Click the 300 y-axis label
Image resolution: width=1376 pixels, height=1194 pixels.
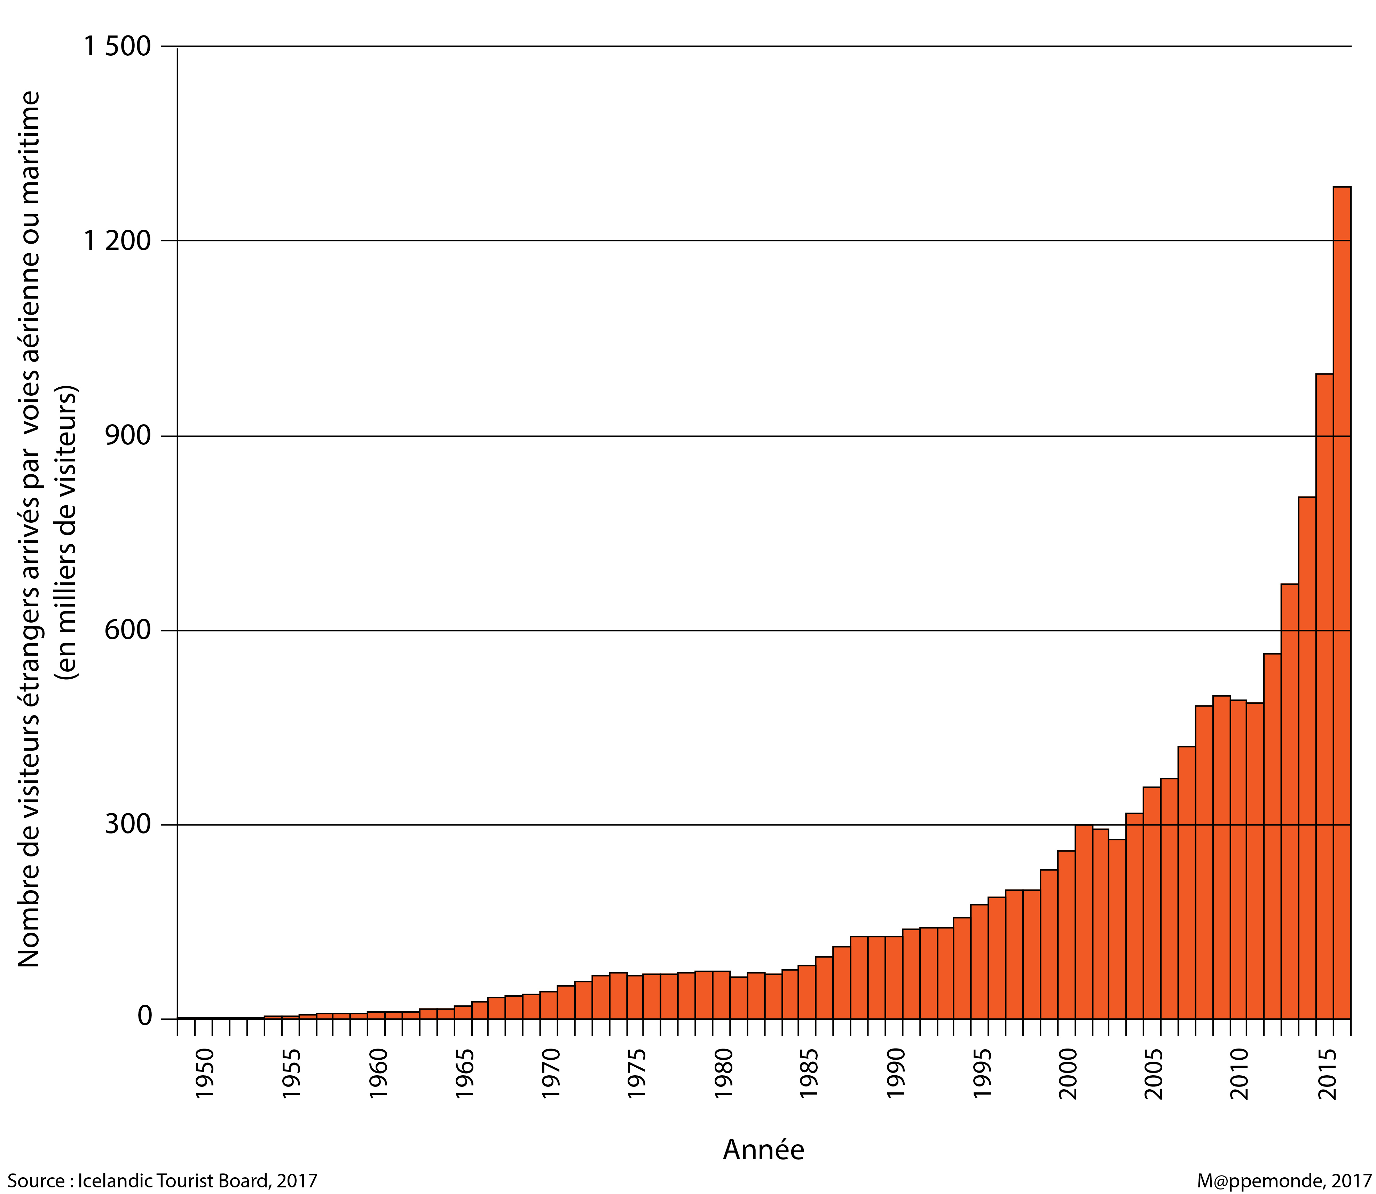[x=128, y=825]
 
